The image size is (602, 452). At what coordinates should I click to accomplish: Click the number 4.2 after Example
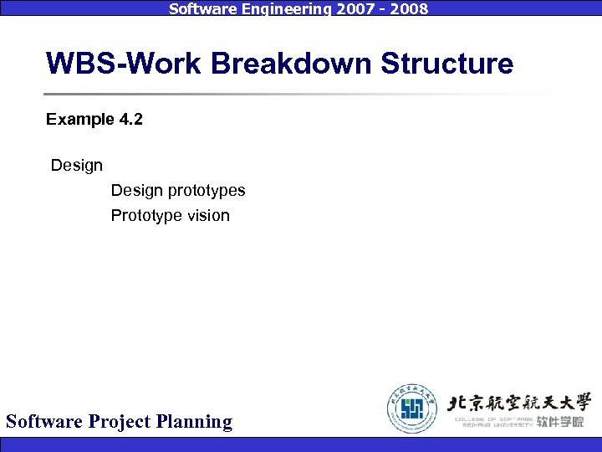click(x=130, y=120)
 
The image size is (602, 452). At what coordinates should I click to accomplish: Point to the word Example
click(x=79, y=120)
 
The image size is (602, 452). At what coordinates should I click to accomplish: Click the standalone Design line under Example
click(x=77, y=166)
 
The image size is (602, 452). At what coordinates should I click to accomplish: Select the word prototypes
click(x=207, y=191)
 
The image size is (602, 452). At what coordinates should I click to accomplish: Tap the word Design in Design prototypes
click(x=137, y=191)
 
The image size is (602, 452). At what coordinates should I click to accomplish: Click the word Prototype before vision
click(x=146, y=216)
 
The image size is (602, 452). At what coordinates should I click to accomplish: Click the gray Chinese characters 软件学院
click(x=560, y=422)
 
